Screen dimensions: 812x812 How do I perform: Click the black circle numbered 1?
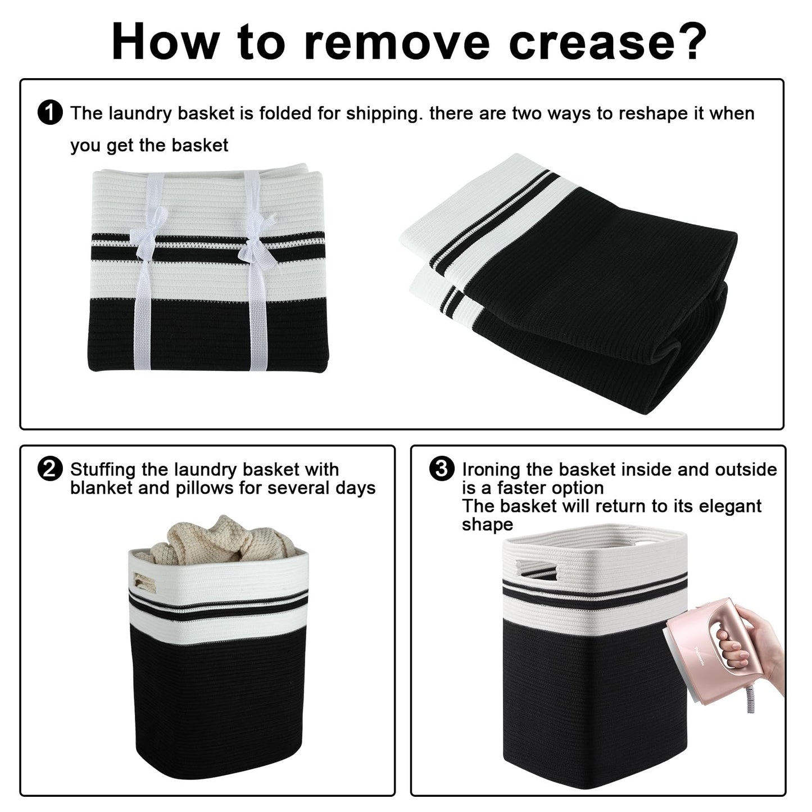(50, 113)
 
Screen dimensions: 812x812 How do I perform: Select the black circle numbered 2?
(50, 469)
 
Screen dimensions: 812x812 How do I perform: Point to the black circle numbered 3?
(442, 469)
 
